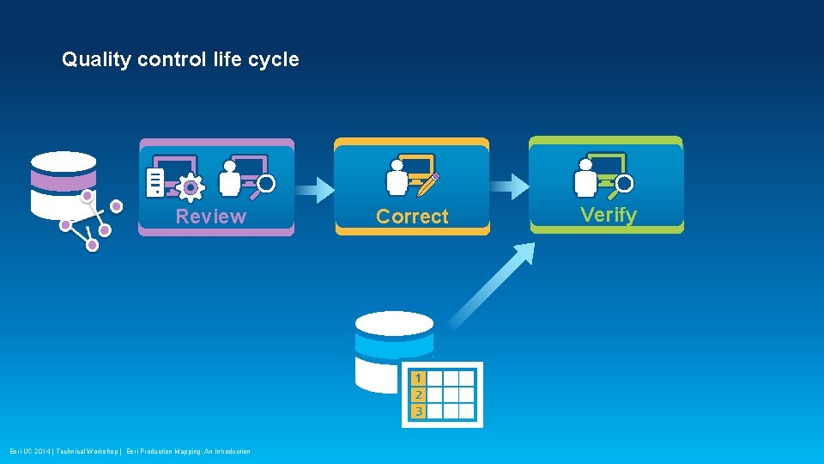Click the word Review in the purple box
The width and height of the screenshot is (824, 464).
(210, 216)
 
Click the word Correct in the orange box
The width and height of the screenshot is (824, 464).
(412, 217)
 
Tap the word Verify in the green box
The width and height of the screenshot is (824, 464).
(609, 214)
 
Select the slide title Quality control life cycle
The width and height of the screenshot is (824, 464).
(180, 59)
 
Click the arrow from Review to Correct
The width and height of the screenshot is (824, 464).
(314, 186)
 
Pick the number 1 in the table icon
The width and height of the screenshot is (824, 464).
(417, 378)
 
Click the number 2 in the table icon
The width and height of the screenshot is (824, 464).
(417, 394)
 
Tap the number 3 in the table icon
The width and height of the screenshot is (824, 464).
(417, 411)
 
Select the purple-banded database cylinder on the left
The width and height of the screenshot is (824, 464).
(63, 185)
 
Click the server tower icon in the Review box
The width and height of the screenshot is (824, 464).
(155, 182)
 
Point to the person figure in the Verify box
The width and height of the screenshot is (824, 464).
(587, 177)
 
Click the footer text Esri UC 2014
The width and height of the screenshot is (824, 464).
(31, 451)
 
